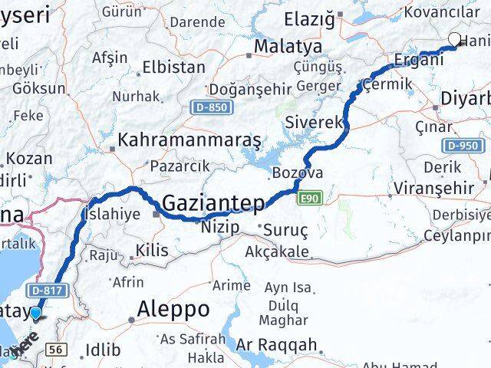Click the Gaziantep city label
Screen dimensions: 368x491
214,204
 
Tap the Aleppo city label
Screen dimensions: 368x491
173,309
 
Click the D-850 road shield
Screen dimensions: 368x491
209,107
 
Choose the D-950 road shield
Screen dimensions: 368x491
462,146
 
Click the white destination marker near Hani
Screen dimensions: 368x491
455,41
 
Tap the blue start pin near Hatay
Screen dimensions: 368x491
35,313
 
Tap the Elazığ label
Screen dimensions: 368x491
309,18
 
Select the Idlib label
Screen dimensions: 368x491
104,350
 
